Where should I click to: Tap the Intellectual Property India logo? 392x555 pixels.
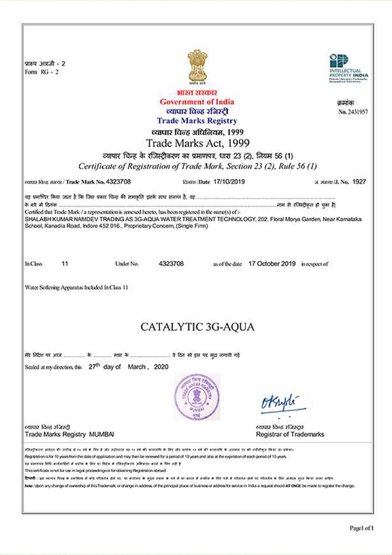pyautogui.click(x=348, y=68)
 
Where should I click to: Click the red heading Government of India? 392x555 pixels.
pyautogui.click(x=197, y=102)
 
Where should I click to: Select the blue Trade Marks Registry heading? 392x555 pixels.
pyautogui.click(x=197, y=121)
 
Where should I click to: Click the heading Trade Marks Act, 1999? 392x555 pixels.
pyautogui.click(x=197, y=143)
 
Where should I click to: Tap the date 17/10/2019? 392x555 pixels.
pyautogui.click(x=229, y=182)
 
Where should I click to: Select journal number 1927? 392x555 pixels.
pyautogui.click(x=359, y=182)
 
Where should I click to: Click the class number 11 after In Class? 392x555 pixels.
pyautogui.click(x=65, y=264)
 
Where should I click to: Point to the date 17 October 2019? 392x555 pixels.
pyautogui.click(x=272, y=264)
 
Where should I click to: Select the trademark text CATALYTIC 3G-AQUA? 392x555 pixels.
pyautogui.click(x=197, y=327)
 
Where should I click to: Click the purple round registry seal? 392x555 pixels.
pyautogui.click(x=197, y=397)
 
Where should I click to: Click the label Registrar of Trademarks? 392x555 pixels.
pyautogui.click(x=290, y=434)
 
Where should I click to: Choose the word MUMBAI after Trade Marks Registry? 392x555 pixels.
pyautogui.click(x=101, y=434)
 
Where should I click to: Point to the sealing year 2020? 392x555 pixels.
pyautogui.click(x=161, y=367)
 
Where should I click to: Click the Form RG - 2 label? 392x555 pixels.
pyautogui.click(x=42, y=72)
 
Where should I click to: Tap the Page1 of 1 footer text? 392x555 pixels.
pyautogui.click(x=361, y=528)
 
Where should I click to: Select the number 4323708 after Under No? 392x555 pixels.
pyautogui.click(x=171, y=264)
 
